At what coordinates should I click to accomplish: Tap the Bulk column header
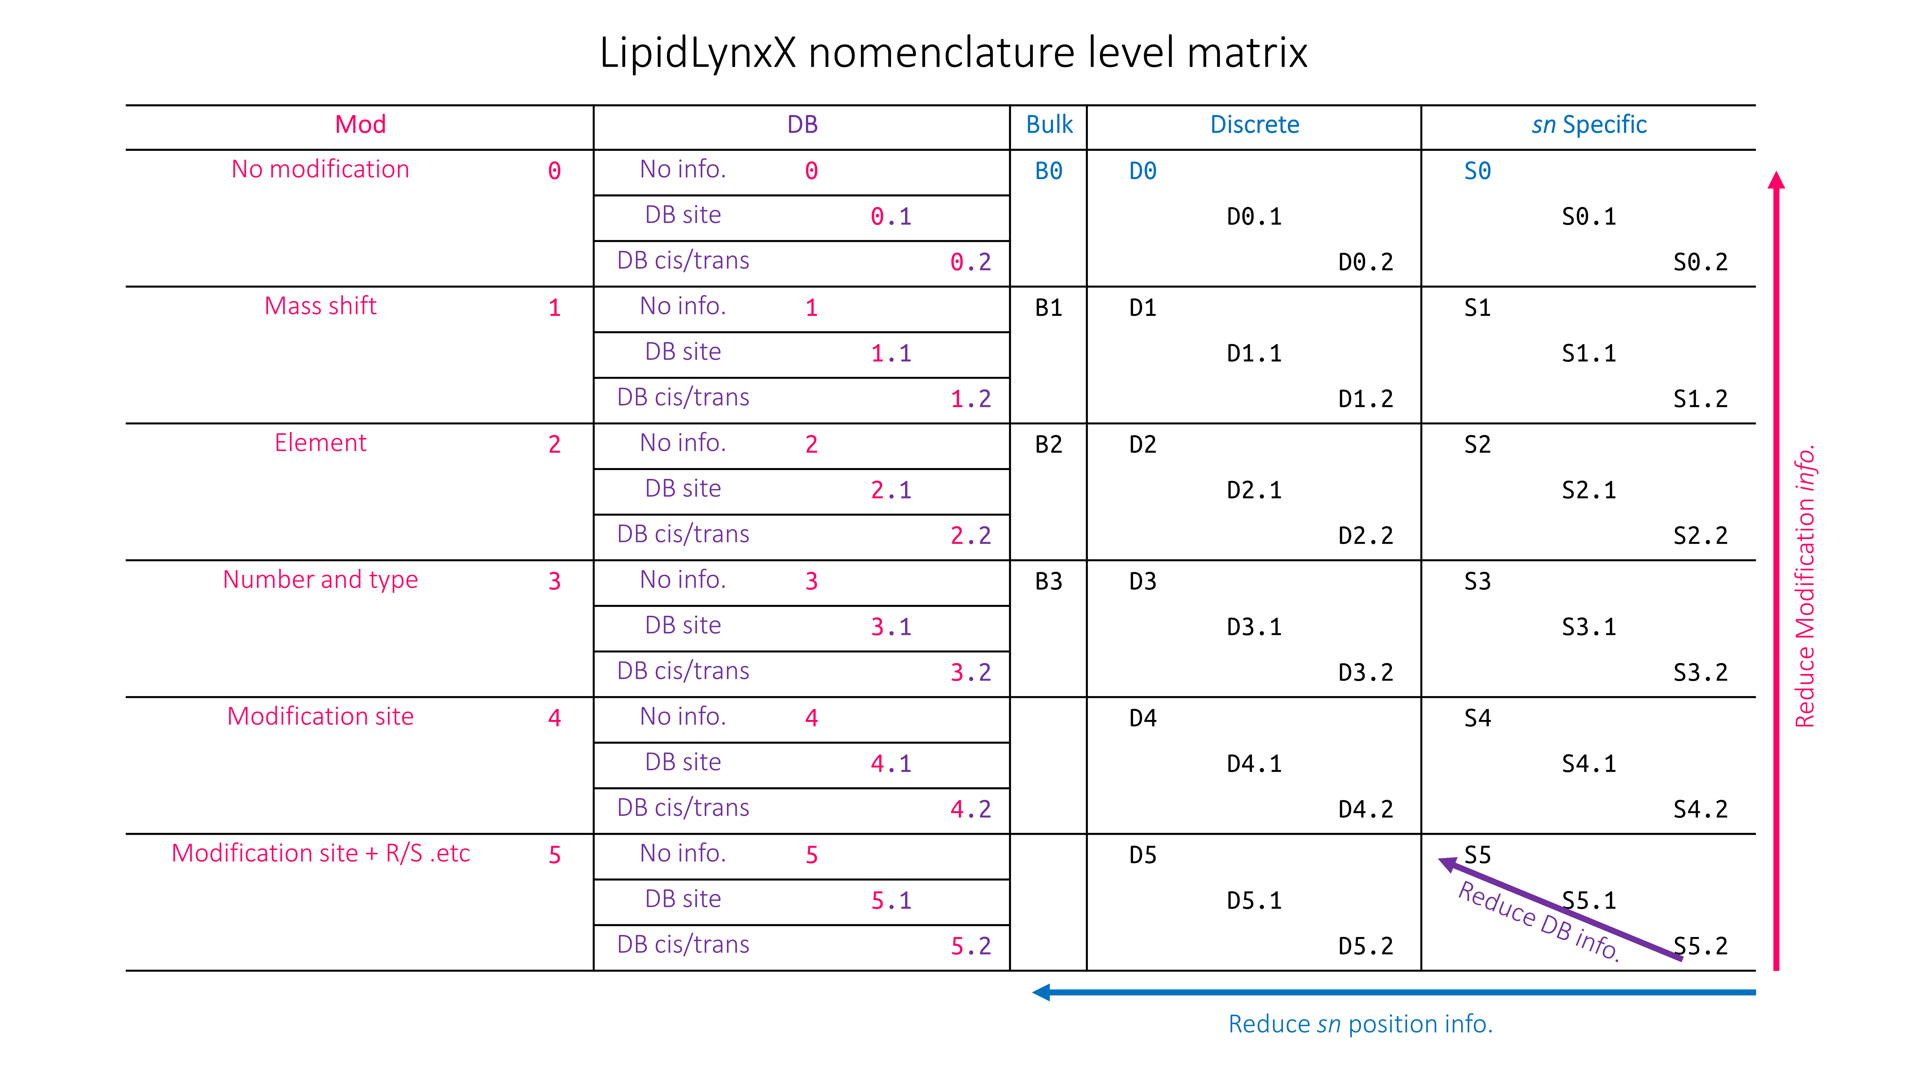click(1049, 125)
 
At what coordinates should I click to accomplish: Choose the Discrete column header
click(1254, 125)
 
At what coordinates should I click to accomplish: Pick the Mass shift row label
click(321, 306)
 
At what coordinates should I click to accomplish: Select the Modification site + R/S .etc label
click(321, 853)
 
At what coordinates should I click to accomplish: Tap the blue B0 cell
click(1049, 171)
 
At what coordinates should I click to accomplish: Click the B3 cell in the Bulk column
click(1049, 582)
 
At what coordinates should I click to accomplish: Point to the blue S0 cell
click(1477, 171)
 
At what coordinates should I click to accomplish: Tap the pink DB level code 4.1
click(891, 763)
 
